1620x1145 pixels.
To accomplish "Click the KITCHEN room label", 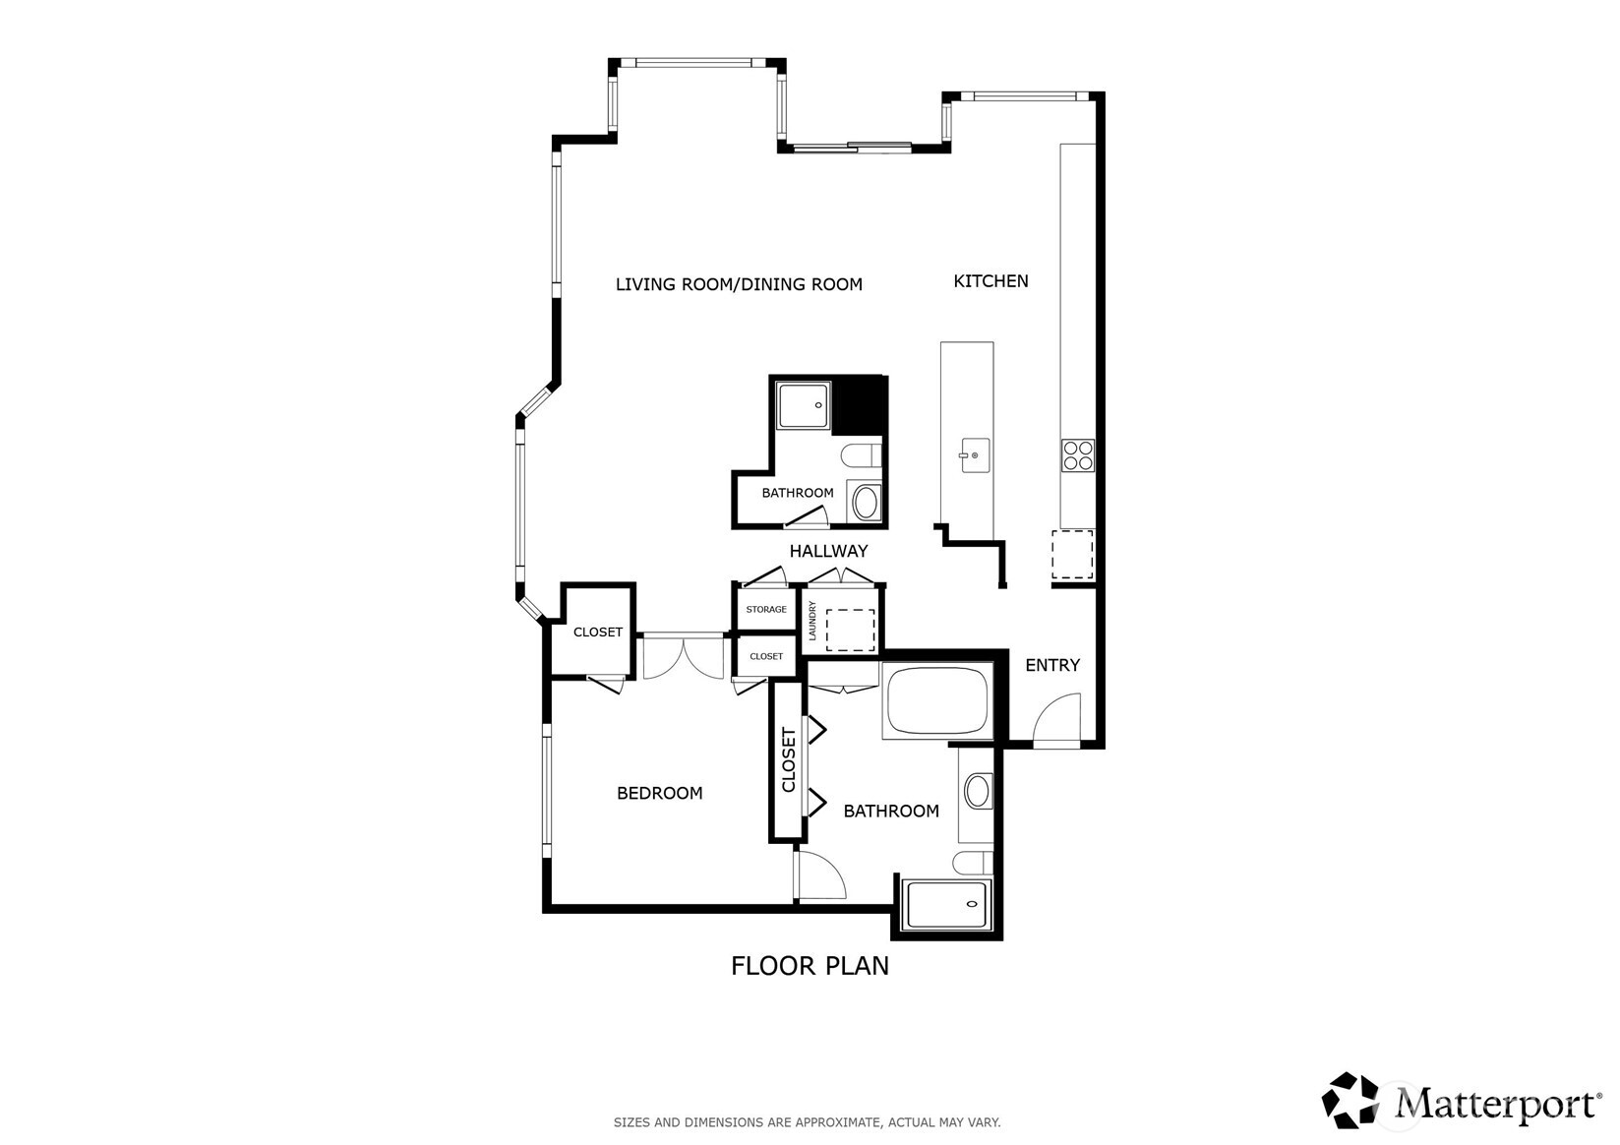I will (x=990, y=281).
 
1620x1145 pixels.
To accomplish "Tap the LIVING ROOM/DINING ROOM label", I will (x=739, y=284).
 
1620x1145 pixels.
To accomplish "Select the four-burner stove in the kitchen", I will (x=1077, y=455).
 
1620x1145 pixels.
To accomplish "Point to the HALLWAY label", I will (x=828, y=551).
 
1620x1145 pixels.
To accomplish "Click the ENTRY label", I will (x=1051, y=665).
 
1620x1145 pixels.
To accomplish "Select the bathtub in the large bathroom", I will (x=935, y=701).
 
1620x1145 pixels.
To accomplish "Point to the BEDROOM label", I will (x=659, y=793).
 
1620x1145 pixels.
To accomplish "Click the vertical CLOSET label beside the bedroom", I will (x=788, y=759).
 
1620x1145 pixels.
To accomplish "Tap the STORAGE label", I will (x=765, y=610).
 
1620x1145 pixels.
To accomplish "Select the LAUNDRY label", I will (x=812, y=622).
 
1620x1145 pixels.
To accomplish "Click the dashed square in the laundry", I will (x=851, y=630).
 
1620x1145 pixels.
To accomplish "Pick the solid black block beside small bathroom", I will (x=859, y=404).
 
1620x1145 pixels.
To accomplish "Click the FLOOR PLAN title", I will (x=810, y=966).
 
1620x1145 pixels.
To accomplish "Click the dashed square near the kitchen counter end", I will (x=1072, y=554).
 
